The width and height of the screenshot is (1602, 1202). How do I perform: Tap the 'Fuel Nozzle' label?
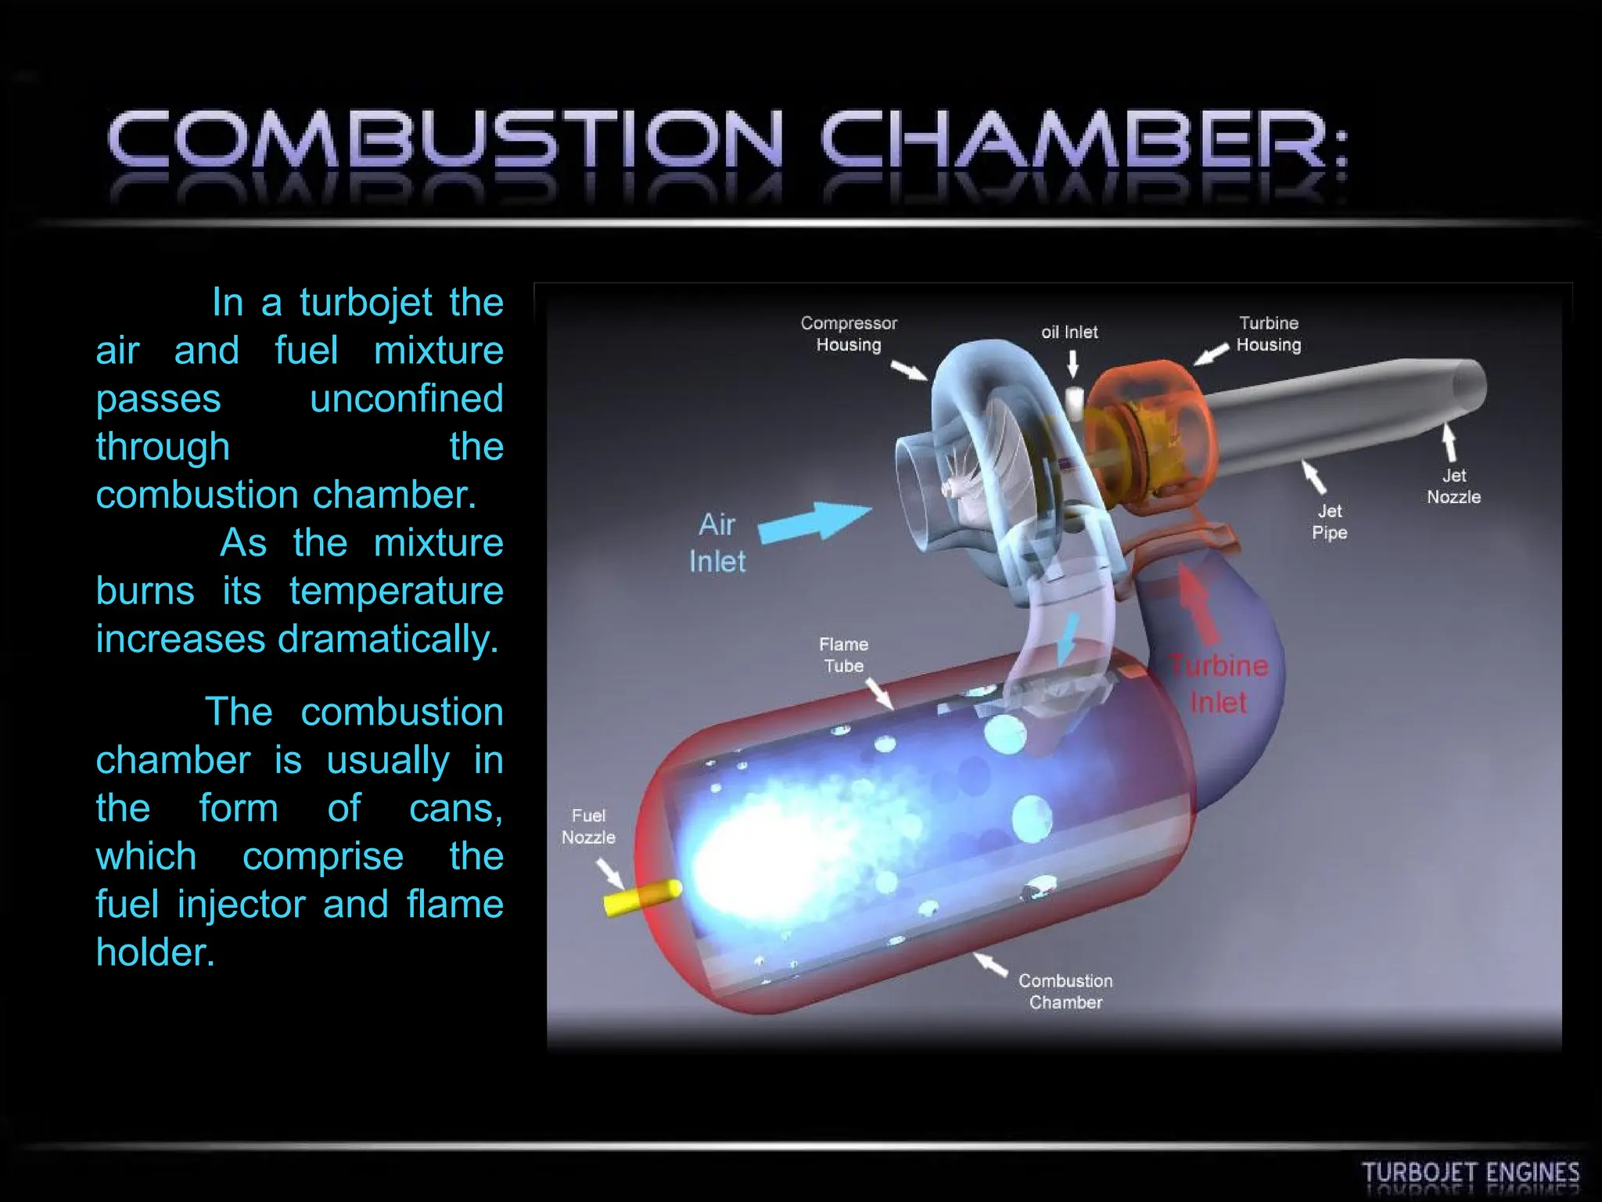point(588,826)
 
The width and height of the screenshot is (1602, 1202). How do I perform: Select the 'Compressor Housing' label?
point(849,334)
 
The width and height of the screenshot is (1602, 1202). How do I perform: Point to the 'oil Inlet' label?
point(1069,333)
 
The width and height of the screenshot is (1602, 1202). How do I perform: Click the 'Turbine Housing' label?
point(1268,334)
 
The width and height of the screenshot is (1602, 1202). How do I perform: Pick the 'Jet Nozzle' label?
point(1453,486)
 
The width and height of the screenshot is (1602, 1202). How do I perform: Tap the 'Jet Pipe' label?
point(1329,522)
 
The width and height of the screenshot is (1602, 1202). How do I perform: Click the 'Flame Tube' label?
point(843,655)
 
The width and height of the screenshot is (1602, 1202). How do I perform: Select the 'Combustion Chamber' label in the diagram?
point(1065,991)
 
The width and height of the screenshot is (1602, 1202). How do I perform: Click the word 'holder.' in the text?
point(155,952)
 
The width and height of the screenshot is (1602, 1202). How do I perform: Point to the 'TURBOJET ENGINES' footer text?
point(1471,1174)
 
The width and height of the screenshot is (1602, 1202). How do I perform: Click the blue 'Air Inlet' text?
point(717,542)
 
